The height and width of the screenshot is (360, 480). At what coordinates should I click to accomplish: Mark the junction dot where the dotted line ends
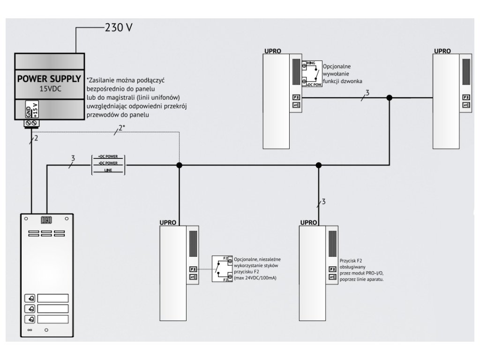coord(179,165)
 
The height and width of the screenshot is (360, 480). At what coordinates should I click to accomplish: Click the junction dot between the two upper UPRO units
coord(389,97)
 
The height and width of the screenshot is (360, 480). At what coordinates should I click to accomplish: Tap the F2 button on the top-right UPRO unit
coord(466,97)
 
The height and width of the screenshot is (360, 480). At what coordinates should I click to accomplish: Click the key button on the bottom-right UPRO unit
coord(332,277)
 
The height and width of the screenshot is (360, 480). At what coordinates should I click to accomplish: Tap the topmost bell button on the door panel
coord(30,298)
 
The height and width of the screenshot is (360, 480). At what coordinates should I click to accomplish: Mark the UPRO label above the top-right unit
coord(442,50)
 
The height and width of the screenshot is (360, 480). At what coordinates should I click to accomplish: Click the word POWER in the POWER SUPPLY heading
coord(32,78)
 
